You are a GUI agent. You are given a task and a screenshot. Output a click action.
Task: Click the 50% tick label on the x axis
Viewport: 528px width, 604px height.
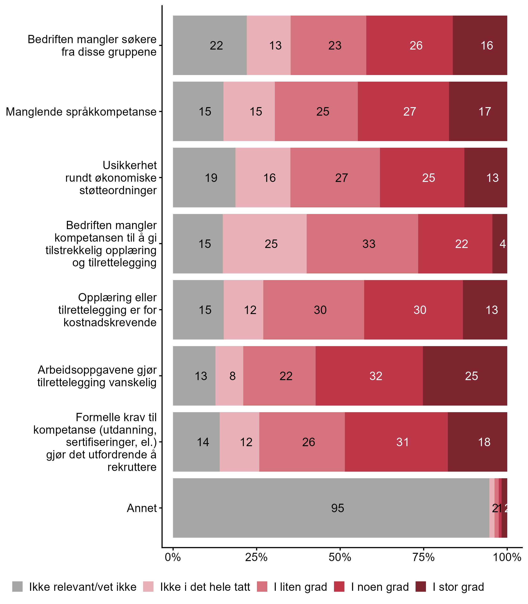point(340,557)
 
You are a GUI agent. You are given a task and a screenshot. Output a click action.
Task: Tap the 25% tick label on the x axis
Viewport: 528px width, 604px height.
point(256,557)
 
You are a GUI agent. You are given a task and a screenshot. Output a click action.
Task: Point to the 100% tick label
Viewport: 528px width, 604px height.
point(507,557)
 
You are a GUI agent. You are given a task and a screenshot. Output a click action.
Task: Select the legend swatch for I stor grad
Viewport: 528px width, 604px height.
point(421,587)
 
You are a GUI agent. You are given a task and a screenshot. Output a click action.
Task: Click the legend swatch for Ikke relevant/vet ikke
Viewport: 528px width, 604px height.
point(17,587)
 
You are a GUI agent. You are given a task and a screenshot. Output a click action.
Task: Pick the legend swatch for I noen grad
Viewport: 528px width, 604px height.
point(339,587)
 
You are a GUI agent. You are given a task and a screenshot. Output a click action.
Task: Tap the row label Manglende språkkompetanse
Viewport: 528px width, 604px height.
point(81,112)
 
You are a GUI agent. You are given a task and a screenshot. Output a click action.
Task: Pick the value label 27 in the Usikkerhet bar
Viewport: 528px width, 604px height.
point(342,178)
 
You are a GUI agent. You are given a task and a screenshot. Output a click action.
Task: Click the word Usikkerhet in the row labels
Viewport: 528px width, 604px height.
point(130,165)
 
